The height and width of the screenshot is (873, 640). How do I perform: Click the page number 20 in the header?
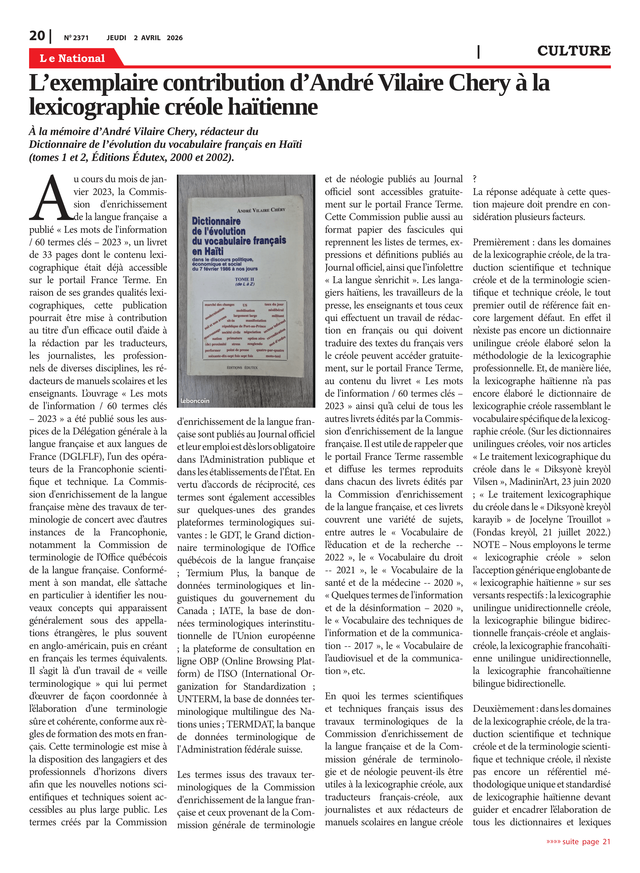[37, 36]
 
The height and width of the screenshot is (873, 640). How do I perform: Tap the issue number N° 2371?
[76, 38]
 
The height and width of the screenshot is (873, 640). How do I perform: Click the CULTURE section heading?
[573, 51]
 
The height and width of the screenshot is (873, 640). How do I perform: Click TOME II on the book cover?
[244, 279]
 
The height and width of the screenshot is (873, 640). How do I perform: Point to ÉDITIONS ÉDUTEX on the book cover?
[242, 367]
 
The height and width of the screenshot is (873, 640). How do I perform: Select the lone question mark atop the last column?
[475, 179]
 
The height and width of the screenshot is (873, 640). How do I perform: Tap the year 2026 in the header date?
[175, 38]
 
